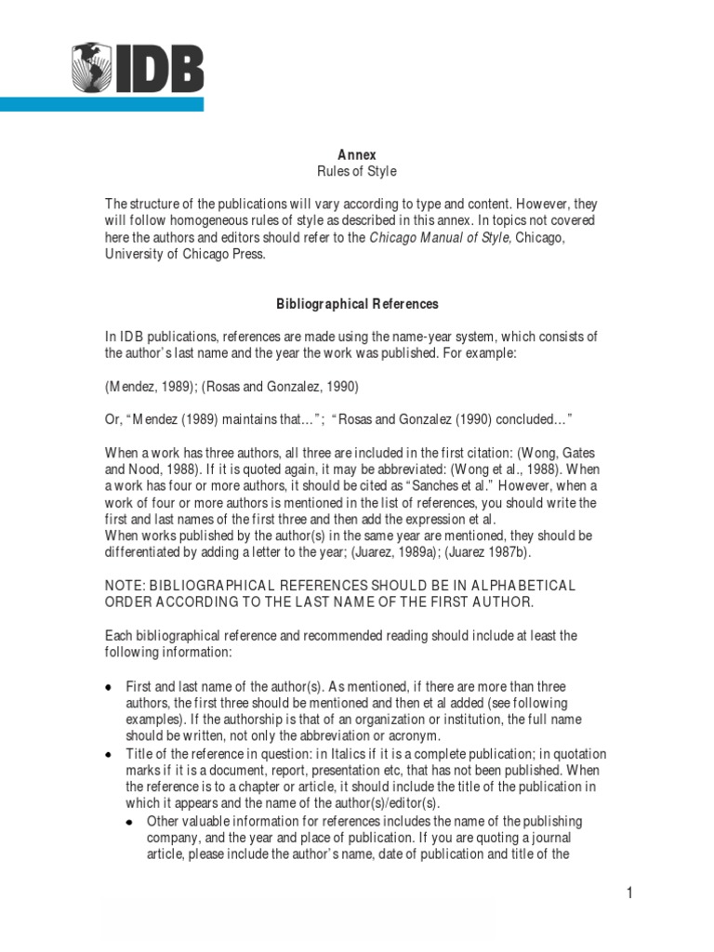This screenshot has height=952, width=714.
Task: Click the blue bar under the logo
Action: (101, 104)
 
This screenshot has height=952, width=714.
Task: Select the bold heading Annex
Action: (356, 154)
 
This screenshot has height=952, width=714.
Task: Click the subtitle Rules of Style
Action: (356, 171)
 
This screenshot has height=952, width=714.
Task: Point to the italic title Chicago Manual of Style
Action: (440, 238)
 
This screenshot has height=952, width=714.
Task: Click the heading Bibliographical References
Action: (357, 304)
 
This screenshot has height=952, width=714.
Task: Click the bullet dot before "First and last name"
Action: (109, 687)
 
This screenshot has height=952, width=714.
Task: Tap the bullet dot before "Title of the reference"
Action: (109, 754)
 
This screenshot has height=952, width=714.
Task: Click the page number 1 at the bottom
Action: (629, 894)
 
